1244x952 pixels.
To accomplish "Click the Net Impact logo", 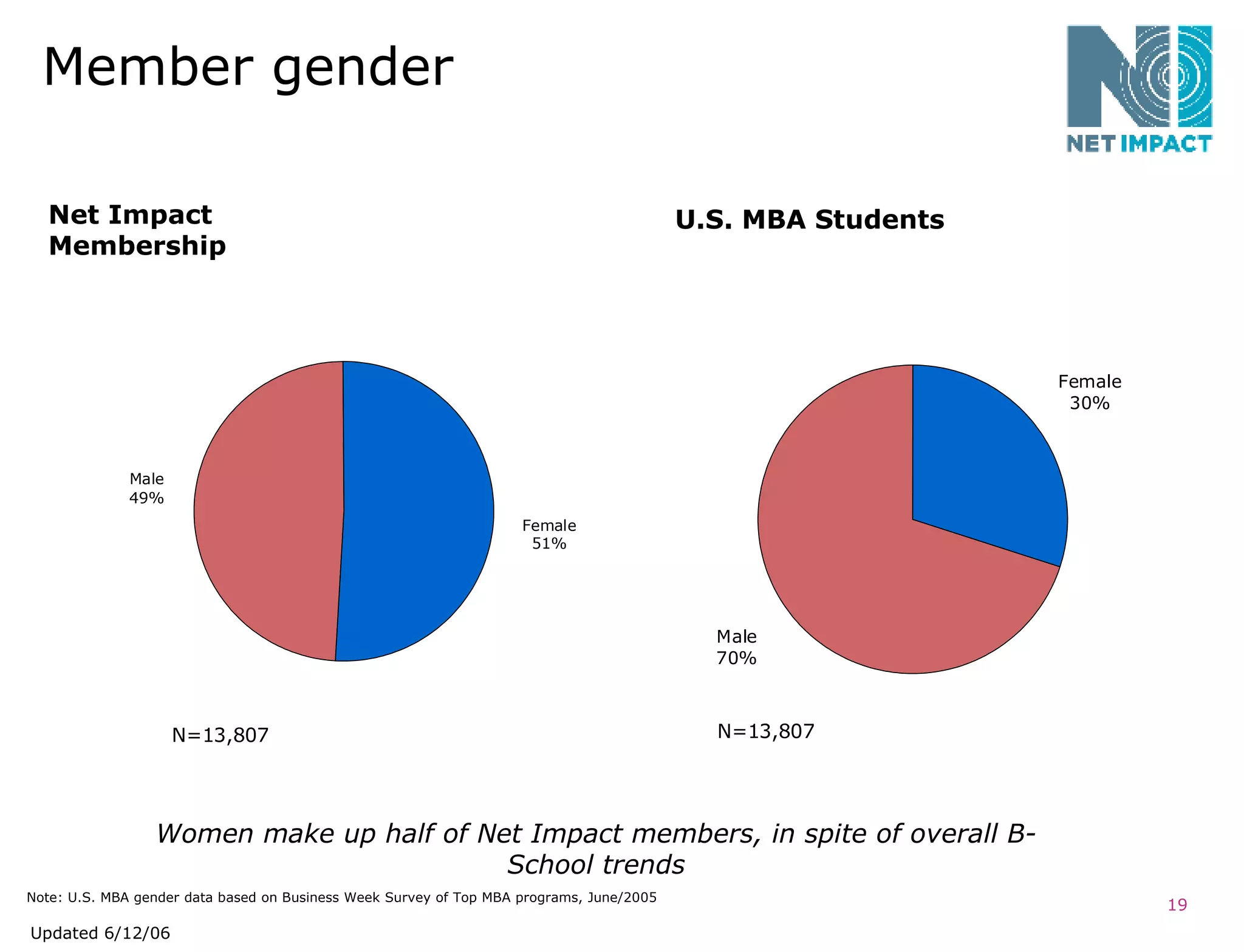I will point(1139,88).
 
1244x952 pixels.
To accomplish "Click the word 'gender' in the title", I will point(363,68).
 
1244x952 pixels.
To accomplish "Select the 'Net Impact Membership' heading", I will point(137,230).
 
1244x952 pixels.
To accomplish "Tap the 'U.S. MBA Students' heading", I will point(809,220).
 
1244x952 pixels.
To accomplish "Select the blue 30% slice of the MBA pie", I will point(984,462).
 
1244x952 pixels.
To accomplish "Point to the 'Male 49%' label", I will point(146,488).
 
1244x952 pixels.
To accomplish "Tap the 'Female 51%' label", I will point(549,534).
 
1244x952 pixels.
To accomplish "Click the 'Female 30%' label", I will point(1089,392).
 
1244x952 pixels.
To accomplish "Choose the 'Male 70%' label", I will point(736,647).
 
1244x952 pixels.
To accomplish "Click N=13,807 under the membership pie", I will point(220,736).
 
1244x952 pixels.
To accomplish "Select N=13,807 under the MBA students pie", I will point(765,731).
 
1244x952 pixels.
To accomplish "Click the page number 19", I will point(1177,905).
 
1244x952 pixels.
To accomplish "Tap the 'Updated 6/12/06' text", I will point(100,933).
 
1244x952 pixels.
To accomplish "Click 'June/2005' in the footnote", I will point(622,897).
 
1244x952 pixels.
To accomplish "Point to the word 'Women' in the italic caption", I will point(205,834).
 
